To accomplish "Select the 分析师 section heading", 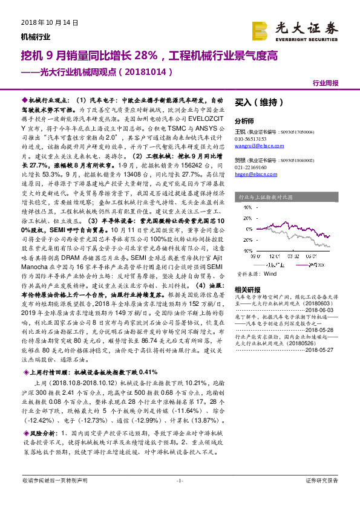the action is pos(244,121).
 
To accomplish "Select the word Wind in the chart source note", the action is pos(270,273).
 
